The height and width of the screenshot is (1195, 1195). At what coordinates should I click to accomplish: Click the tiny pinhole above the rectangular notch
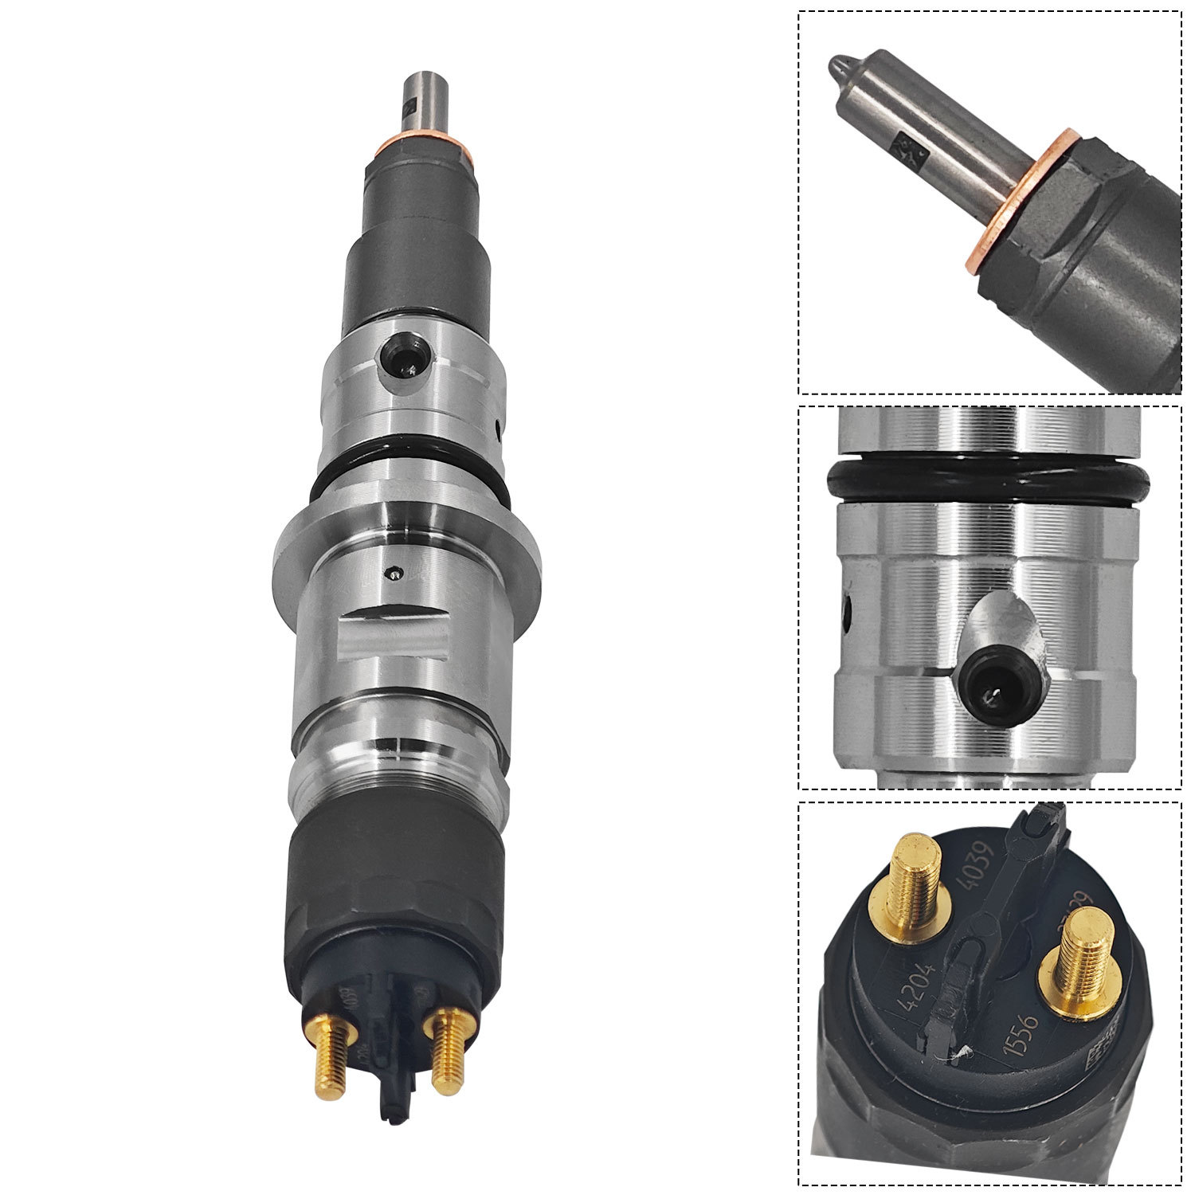[392, 571]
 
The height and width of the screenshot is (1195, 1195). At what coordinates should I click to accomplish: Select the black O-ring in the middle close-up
[988, 482]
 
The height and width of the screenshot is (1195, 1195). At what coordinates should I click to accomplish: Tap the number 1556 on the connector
[1021, 1034]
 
